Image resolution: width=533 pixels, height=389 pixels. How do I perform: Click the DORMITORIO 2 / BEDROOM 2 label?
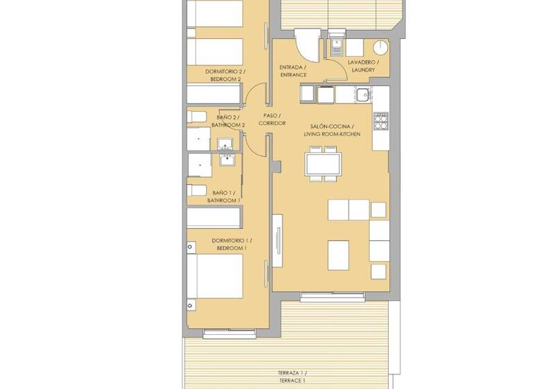click(223, 75)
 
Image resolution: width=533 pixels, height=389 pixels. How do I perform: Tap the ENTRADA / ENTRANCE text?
click(293, 71)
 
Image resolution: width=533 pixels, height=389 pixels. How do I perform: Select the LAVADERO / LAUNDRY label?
click(363, 66)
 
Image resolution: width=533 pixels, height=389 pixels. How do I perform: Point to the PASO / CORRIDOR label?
click(272, 119)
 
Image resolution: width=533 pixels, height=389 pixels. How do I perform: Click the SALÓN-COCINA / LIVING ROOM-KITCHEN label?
click(337, 129)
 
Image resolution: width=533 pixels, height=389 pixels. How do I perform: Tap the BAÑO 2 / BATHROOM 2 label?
click(228, 121)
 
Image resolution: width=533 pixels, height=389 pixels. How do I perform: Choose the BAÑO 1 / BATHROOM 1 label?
click(223, 197)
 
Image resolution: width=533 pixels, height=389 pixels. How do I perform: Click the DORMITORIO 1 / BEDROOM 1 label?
click(231, 245)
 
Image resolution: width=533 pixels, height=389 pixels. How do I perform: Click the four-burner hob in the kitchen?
click(381, 122)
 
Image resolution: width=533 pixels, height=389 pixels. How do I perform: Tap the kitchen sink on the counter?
click(362, 94)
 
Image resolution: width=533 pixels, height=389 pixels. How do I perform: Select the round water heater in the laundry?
click(381, 47)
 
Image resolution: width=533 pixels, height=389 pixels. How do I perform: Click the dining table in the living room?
click(323, 165)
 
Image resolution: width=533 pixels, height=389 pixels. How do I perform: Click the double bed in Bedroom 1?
click(218, 277)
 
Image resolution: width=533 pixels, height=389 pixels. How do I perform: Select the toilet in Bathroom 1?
click(196, 190)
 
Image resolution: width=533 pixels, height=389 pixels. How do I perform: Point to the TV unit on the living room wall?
click(278, 239)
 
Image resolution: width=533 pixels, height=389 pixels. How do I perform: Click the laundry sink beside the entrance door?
click(337, 45)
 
